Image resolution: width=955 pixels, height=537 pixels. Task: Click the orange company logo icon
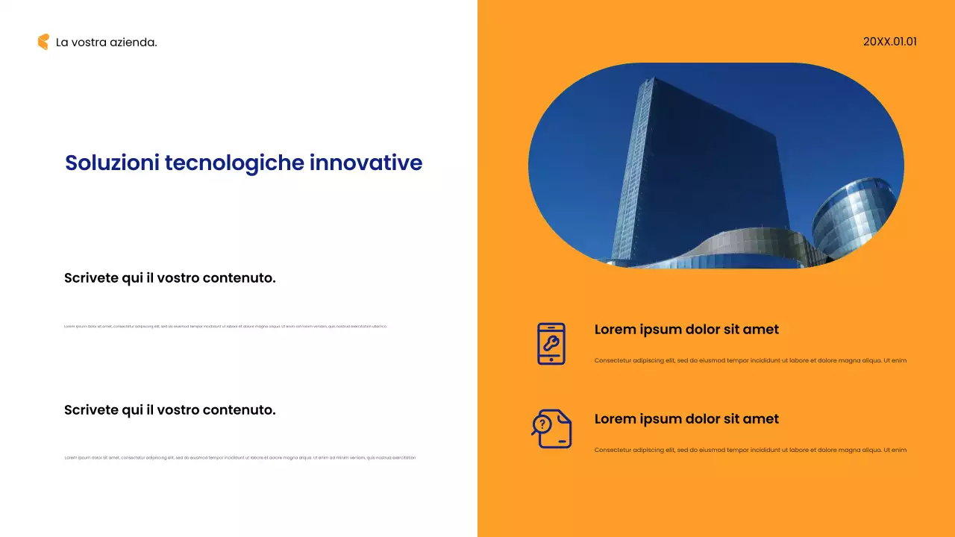43,42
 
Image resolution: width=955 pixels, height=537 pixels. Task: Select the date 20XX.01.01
889,42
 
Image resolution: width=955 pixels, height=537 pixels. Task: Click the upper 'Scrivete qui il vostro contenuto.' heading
170,278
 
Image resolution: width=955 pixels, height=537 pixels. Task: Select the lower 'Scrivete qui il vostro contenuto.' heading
170,409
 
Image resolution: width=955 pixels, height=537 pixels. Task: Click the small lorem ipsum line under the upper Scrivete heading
225,326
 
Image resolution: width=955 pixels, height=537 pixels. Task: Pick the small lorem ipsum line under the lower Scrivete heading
240,457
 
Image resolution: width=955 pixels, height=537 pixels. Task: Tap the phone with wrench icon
551,344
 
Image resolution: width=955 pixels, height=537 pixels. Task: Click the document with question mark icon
551,429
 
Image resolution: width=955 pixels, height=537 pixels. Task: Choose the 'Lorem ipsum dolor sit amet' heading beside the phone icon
686,330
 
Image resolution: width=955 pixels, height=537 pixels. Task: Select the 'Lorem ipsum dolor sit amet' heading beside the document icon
686,419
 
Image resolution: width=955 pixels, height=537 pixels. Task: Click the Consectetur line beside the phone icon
750,360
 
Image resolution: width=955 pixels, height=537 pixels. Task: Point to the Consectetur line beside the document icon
750,450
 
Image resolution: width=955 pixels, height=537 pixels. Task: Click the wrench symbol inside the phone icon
551,343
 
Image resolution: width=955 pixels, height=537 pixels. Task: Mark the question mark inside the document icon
542,424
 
